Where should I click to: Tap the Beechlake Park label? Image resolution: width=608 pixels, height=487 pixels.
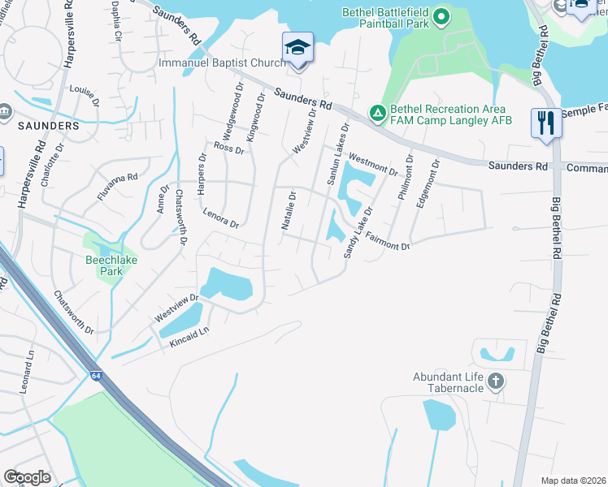104,265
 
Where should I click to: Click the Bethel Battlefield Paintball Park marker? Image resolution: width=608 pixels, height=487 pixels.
441,15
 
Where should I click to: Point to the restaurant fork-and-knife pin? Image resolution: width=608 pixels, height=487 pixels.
545,123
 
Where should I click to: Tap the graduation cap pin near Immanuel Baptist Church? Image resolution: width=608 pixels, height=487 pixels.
297,48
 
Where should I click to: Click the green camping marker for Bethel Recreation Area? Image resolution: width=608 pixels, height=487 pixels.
377,114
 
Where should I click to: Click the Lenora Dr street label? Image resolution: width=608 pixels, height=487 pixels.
221,218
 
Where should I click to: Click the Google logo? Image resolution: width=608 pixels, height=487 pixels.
27,477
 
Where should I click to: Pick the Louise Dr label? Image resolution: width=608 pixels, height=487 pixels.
84,96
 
